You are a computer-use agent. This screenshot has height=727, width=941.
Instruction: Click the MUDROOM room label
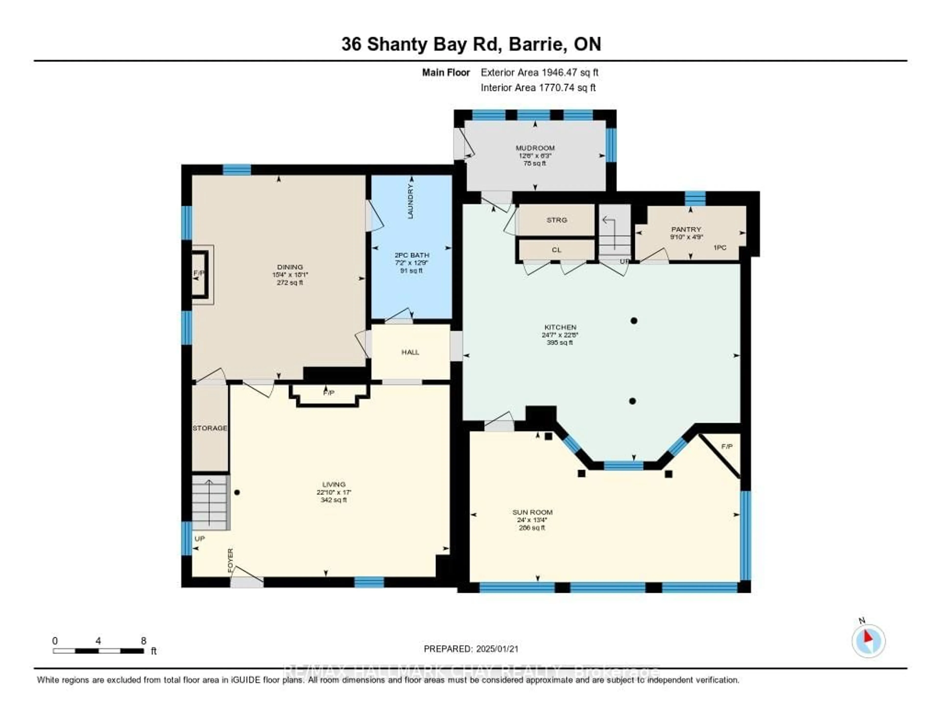[535, 148]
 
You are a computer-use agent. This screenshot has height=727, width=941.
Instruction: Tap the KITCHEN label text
[560, 327]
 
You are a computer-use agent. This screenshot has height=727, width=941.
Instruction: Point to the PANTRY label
[686, 229]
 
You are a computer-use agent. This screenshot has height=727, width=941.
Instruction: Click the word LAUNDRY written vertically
[410, 201]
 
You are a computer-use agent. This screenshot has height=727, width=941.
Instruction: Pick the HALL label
[410, 352]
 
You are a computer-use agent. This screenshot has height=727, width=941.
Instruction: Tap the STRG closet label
[557, 220]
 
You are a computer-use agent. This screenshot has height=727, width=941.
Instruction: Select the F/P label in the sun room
[727, 446]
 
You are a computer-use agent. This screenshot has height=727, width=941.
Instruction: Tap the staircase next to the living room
[210, 502]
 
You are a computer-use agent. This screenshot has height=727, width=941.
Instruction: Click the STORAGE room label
[210, 428]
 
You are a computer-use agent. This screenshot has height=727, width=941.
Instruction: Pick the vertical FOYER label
[231, 561]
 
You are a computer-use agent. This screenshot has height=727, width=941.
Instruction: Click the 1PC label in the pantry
[720, 247]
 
